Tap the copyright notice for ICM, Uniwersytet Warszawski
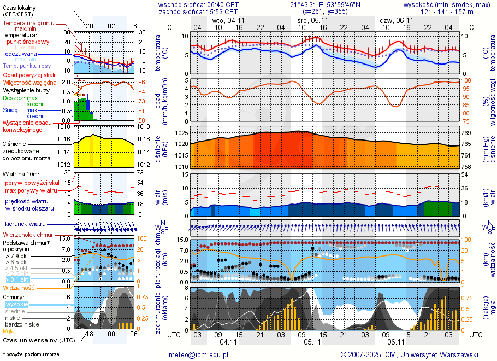pos(409,354)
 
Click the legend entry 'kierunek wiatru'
pos(25,224)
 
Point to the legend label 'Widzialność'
pos(19,287)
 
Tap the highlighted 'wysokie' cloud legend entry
pos(16,304)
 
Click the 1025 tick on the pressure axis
pos(181,133)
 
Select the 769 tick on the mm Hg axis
pos(466,133)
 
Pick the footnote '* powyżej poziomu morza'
pos(31,354)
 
